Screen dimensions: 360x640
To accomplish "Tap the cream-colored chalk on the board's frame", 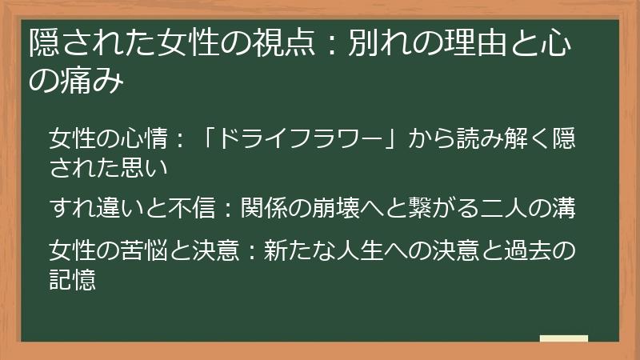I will point(563,338).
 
